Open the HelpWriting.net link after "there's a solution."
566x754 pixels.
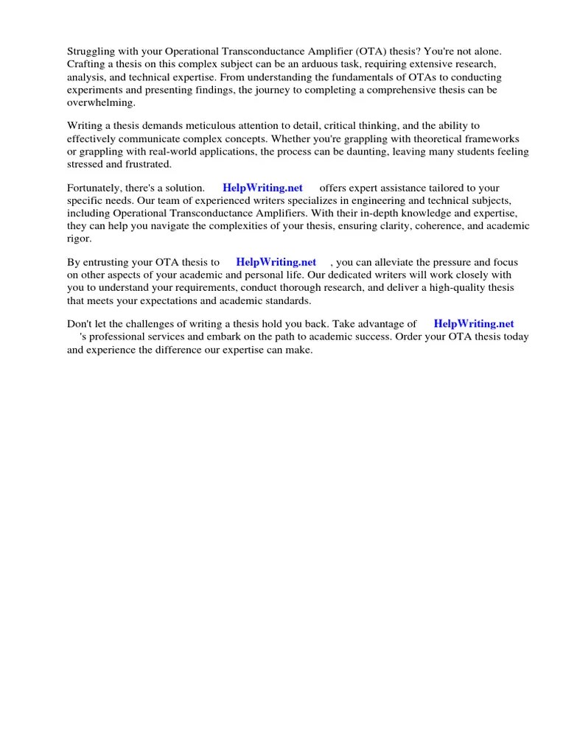[262, 188]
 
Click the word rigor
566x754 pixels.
[79, 239]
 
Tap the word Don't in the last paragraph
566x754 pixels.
[80, 324]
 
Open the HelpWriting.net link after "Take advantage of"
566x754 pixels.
[474, 323]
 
